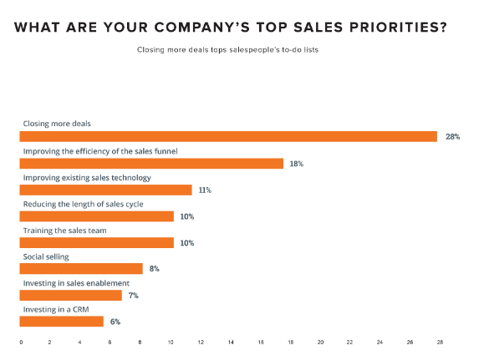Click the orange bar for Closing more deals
click(x=228, y=137)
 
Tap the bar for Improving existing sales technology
click(x=106, y=190)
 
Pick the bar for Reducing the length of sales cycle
click(x=97, y=217)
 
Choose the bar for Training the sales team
click(x=97, y=243)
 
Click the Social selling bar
click(x=82, y=269)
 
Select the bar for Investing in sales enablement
click(x=71, y=296)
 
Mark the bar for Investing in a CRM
click(x=62, y=322)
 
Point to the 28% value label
click(x=452, y=137)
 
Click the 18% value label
click(x=297, y=164)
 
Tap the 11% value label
click(x=205, y=190)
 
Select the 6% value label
click(x=115, y=322)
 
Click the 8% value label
click(x=154, y=269)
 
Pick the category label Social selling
click(x=45, y=256)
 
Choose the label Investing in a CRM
click(x=54, y=309)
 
